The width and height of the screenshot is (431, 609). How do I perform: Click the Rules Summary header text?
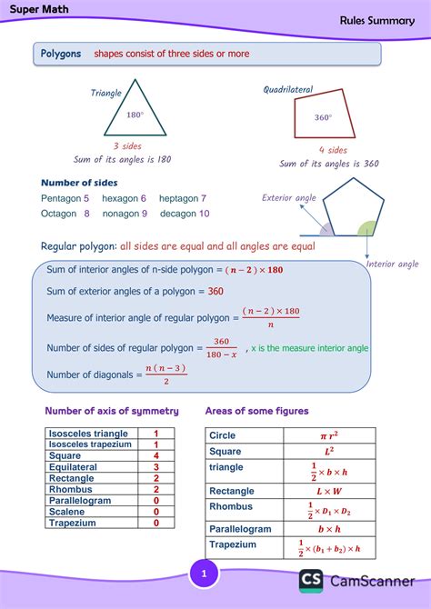pos(377,20)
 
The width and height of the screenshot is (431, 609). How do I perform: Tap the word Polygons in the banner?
pos(61,54)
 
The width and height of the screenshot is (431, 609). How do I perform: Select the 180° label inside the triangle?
pos(135,115)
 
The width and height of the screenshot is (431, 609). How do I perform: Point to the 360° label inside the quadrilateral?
pos(323,117)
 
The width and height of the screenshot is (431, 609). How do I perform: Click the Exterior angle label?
pos(289,197)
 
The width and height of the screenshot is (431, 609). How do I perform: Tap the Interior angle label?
pos(393,265)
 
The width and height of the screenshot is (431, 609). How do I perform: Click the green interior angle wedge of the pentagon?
pos(366,228)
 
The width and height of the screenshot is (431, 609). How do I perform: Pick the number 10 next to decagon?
pos(204,214)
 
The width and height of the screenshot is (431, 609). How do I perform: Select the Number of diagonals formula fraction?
pos(165,374)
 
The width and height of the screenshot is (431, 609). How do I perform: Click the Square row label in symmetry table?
pos(64,455)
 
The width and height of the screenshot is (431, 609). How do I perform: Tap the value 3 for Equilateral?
pos(156,466)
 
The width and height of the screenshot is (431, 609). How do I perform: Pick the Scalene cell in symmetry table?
pos(66,512)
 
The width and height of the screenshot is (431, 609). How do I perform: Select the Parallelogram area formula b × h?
pos(328,528)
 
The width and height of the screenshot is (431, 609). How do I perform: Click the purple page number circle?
pos(205,574)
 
